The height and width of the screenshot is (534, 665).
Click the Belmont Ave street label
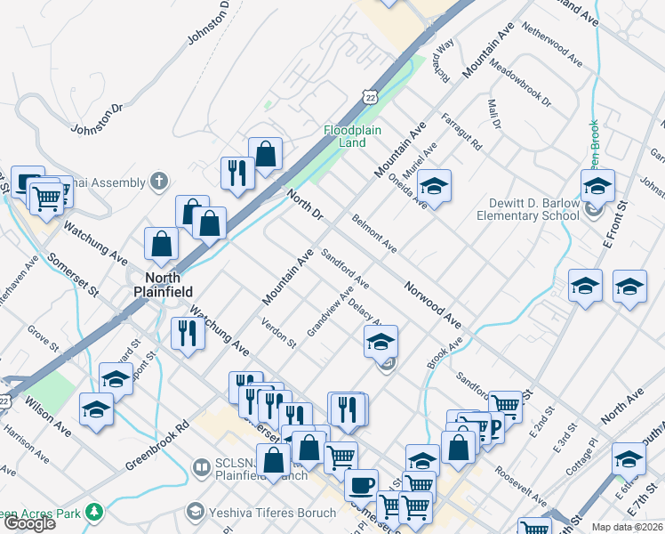(x=374, y=232)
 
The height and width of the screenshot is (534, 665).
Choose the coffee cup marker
(x=361, y=485)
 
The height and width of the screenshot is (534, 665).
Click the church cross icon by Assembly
(x=159, y=182)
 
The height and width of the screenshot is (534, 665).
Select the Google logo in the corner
(x=29, y=522)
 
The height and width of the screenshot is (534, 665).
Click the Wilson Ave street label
(x=52, y=416)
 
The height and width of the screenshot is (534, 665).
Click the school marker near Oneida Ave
(x=434, y=186)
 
